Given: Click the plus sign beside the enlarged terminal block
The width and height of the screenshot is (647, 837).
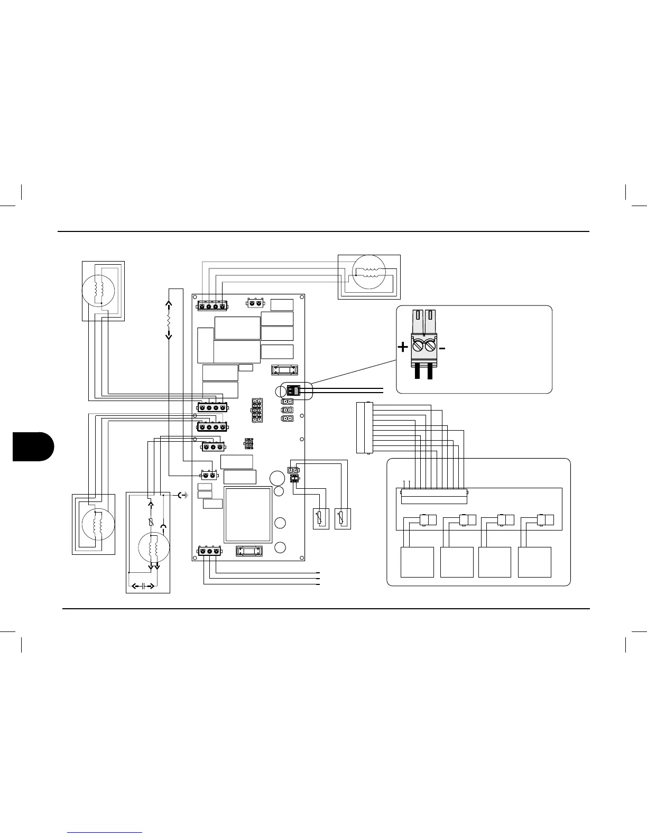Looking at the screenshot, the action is click(x=403, y=347).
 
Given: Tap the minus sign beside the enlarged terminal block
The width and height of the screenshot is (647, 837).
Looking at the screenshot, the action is click(x=442, y=348).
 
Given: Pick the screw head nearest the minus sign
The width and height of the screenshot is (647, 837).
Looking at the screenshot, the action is click(x=430, y=347).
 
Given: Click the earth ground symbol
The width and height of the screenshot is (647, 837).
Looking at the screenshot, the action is click(x=183, y=495).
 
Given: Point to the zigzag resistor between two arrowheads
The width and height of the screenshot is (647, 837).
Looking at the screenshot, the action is click(x=169, y=320).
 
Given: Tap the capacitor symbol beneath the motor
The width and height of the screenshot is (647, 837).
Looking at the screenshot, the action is click(x=144, y=586).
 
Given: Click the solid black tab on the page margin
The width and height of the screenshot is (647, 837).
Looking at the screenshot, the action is click(x=33, y=445).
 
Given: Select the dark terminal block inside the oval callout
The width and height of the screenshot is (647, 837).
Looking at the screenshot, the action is click(x=293, y=391).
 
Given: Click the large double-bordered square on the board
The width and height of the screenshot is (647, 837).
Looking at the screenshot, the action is click(x=248, y=515).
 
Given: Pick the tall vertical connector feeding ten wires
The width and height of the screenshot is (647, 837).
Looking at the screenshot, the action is click(x=364, y=427).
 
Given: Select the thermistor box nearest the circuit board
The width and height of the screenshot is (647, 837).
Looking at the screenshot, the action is click(x=321, y=519).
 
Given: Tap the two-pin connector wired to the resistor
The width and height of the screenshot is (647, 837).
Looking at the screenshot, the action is click(x=209, y=475).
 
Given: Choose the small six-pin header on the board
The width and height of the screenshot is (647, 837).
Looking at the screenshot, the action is click(x=248, y=442).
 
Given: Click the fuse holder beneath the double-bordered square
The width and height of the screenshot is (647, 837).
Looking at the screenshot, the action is click(x=249, y=551).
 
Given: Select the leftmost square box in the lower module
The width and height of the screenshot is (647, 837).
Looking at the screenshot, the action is click(x=417, y=562).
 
